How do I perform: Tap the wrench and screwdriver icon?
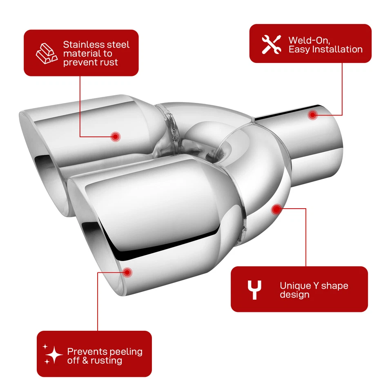coord(271,45)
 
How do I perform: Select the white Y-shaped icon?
coord(254,290)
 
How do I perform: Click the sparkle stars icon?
coord(53,354)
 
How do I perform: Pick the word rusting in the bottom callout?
coord(107,361)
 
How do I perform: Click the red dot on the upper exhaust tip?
coord(116,136)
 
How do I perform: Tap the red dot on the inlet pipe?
coord(312,115)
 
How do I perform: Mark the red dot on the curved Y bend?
coord(276,209)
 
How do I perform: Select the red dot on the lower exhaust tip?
coord(127,272)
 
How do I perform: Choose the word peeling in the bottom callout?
coord(126,352)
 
